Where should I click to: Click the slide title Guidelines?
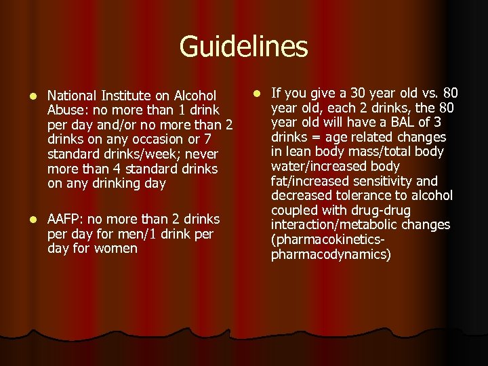point(243,47)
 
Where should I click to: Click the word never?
point(203,155)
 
